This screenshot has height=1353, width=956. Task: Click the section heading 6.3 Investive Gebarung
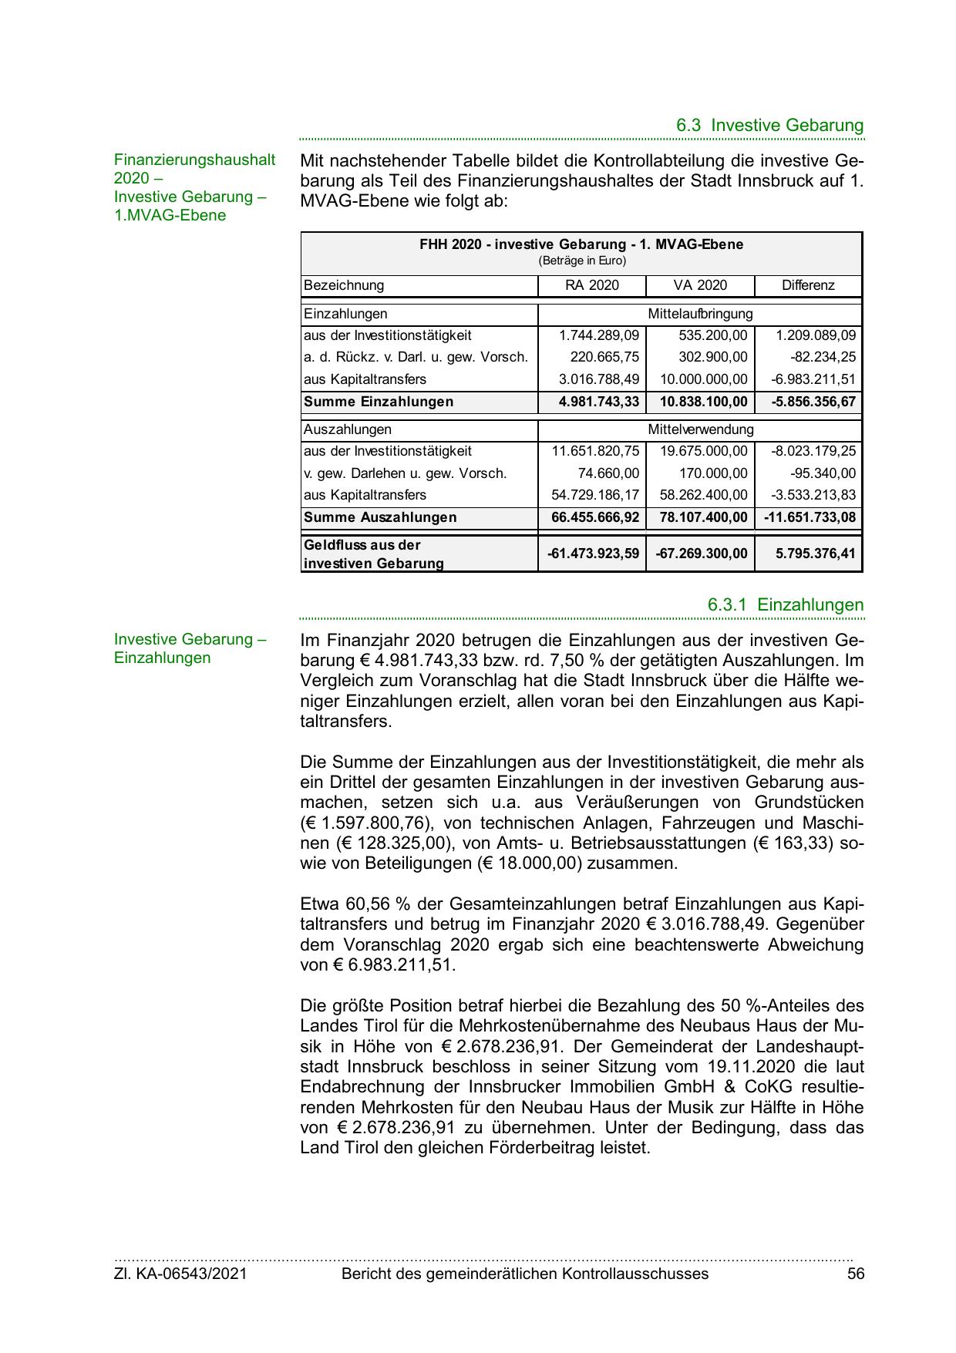[769, 125]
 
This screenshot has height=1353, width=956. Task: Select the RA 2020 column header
[591, 285]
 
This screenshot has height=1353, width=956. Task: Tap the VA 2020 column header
[700, 285]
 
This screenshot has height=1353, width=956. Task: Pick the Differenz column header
[808, 285]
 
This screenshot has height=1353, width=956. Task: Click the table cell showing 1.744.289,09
[599, 335]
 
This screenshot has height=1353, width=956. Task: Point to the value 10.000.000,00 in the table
[704, 379]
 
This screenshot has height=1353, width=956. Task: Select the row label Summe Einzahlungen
[379, 402]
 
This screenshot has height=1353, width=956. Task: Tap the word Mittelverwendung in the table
[700, 429]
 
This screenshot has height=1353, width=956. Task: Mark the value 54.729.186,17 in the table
[595, 495]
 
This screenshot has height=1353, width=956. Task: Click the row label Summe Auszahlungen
[380, 517]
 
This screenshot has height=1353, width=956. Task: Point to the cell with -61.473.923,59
[593, 554]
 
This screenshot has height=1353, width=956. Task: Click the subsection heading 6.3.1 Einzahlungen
[786, 605]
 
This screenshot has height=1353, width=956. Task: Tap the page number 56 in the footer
[856, 1274]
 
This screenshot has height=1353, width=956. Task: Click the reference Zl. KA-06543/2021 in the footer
[180, 1274]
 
